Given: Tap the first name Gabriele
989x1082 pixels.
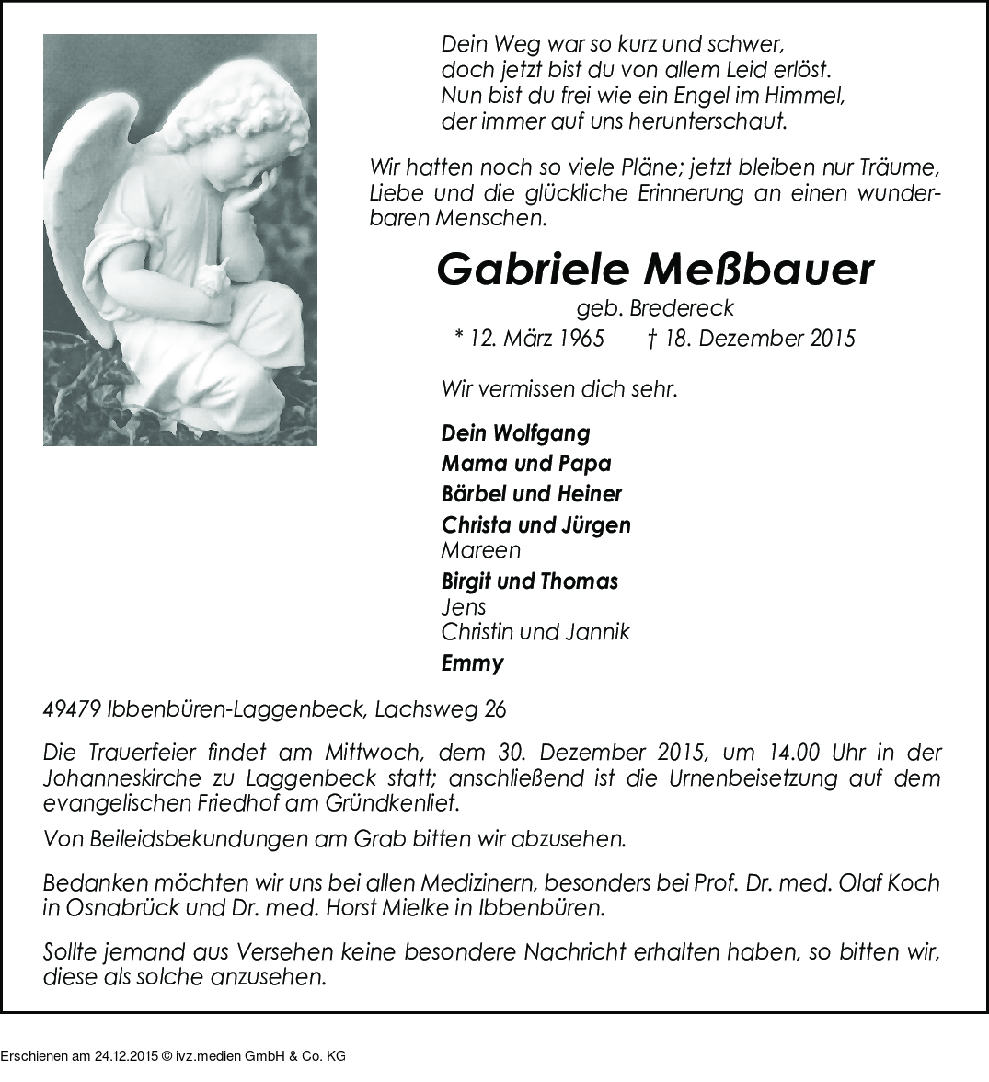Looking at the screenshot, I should [535, 269].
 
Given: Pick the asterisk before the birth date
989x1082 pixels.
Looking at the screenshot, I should [459, 338].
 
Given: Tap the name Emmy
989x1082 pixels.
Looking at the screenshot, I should [472, 662].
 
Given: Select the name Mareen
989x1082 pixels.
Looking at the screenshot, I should [480, 550].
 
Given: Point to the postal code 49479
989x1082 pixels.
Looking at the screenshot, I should [72, 710].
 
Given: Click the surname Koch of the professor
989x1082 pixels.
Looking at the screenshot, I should [916, 883].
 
